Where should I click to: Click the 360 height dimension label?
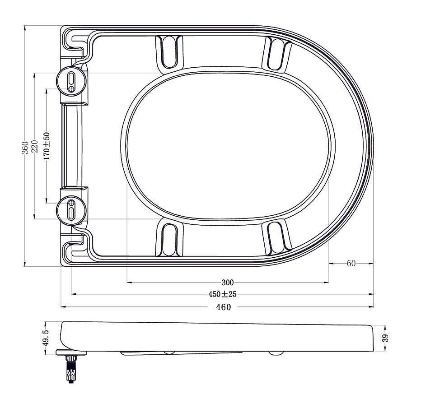click(x=25, y=147)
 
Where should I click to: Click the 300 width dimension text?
click(x=228, y=283)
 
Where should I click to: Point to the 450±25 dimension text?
click(x=222, y=294)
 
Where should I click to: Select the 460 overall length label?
click(x=223, y=307)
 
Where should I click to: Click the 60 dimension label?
click(x=351, y=264)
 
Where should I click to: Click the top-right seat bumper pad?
click(x=277, y=54)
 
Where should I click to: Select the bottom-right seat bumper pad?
click(x=277, y=236)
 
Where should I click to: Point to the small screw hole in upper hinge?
click(x=71, y=88)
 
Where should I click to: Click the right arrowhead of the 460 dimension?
click(x=372, y=307)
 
